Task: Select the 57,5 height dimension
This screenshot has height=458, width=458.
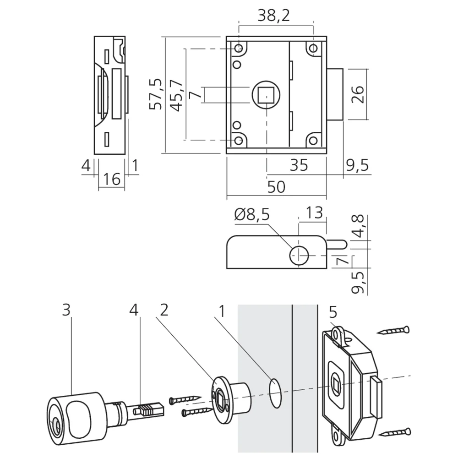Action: tap(157, 94)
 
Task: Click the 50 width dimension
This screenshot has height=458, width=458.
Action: tap(276, 187)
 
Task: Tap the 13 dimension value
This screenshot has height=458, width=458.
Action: tap(312, 213)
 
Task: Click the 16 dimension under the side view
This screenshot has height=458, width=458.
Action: tap(111, 179)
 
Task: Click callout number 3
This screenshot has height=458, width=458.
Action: tap(67, 311)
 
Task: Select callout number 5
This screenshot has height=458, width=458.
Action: tap(333, 312)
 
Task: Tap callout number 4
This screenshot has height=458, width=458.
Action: tap(134, 311)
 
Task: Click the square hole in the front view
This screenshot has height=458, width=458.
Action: tap(265, 94)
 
